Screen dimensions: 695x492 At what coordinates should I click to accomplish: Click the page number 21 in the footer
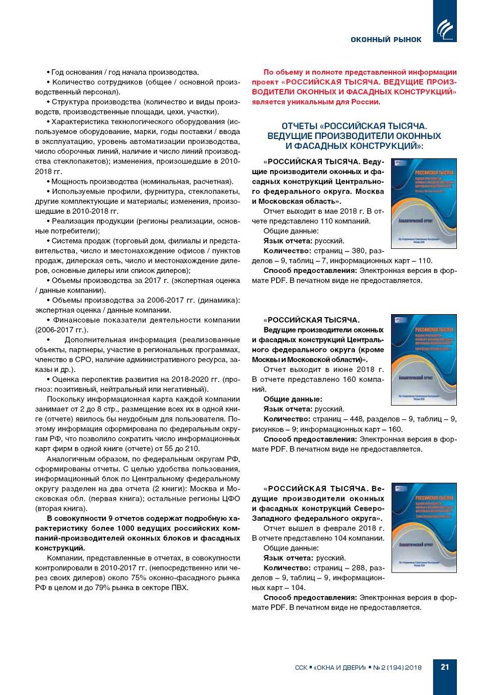point(445,667)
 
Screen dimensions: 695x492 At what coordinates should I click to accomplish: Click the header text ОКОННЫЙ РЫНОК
point(386,40)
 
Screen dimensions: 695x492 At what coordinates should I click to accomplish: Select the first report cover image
point(424,203)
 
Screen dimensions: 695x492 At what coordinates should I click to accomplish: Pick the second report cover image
point(424,360)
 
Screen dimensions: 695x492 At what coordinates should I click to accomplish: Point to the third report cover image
point(424,527)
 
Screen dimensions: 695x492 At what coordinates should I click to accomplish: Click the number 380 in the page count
point(358,251)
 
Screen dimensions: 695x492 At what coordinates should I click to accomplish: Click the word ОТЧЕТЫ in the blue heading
point(299,126)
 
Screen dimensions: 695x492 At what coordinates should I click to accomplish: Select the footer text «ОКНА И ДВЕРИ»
point(340,667)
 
